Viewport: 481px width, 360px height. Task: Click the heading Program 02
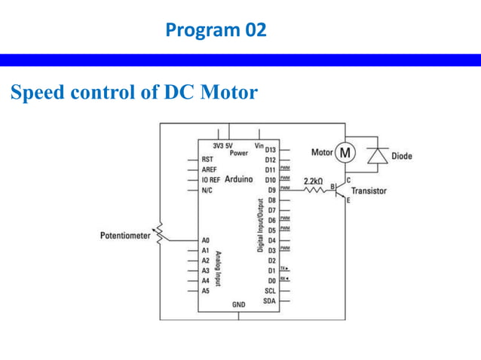click(215, 31)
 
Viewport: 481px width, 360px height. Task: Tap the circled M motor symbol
click(345, 153)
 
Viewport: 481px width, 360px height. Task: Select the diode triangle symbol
click(377, 155)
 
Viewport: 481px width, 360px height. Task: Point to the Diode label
click(402, 157)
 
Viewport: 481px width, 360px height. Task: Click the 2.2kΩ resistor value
click(313, 182)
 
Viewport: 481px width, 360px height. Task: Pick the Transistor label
click(369, 191)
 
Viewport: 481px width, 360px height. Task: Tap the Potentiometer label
click(126, 236)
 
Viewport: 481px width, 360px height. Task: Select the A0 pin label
click(206, 240)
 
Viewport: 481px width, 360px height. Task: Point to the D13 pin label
click(270, 151)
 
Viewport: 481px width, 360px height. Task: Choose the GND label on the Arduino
click(239, 305)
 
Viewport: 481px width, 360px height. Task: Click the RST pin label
click(207, 160)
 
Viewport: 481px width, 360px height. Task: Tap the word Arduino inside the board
click(238, 180)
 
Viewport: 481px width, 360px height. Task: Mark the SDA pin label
click(269, 301)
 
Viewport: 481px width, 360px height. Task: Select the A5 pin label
click(206, 289)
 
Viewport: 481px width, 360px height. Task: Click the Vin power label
click(259, 145)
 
